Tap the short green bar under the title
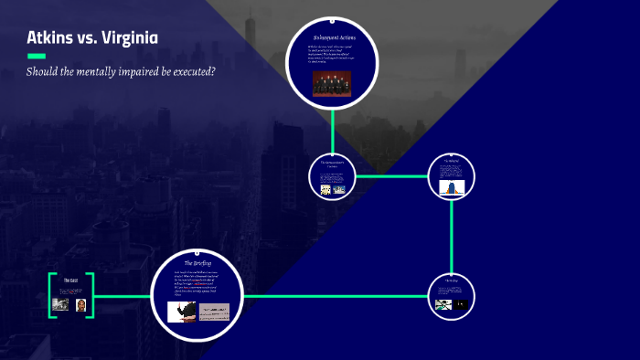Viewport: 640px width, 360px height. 36,56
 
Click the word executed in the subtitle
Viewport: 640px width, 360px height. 187,71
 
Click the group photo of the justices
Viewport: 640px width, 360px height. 332,83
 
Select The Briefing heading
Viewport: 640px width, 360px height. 197,263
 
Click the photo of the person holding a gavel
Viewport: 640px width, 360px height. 181,312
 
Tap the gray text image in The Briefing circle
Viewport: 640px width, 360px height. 215,312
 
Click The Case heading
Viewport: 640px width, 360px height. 70,280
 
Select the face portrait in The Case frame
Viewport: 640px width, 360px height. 81,304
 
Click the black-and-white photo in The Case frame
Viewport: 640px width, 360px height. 61,304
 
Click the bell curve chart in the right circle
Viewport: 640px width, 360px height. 452,187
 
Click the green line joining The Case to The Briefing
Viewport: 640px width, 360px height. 123,296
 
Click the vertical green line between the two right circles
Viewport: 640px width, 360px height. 452,238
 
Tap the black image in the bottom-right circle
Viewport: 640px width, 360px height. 460,304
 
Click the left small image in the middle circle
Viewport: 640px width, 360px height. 325,189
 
